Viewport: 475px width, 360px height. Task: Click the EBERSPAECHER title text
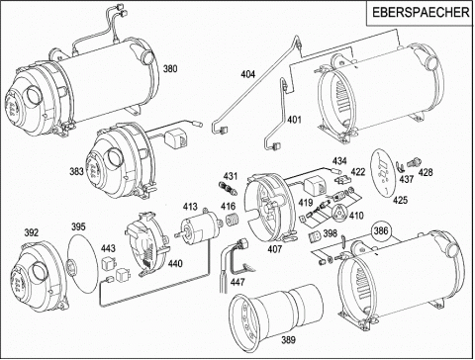point(421,13)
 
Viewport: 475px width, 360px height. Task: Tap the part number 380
point(170,69)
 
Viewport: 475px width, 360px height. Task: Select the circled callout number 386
point(381,231)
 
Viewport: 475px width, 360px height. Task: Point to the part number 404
point(247,74)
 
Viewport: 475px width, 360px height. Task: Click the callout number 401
point(294,119)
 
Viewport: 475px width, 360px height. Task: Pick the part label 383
point(77,172)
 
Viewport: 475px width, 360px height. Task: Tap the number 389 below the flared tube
point(288,339)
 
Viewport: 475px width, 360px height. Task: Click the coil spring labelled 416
point(233,220)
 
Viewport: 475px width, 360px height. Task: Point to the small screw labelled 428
point(413,162)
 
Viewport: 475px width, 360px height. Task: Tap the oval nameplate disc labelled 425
point(383,174)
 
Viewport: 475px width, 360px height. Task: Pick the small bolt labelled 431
point(227,189)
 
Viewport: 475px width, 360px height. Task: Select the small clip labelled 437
point(400,167)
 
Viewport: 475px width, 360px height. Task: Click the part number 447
point(237,282)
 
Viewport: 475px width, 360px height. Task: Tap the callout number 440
point(175,264)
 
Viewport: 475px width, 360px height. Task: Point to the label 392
point(31,232)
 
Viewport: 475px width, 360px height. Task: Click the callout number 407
point(275,249)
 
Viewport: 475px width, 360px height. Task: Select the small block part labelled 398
point(315,236)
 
